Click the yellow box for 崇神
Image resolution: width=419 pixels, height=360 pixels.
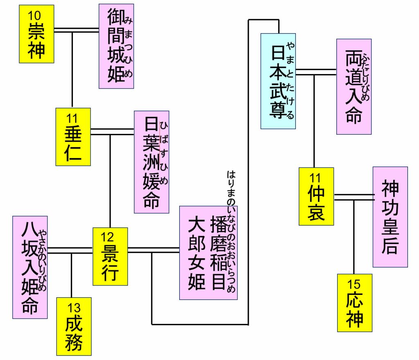pyautogui.click(x=36, y=34)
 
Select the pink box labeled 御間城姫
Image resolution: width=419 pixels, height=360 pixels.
pyautogui.click(x=116, y=46)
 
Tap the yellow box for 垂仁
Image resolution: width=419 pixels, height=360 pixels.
pyautogui.click(x=73, y=137)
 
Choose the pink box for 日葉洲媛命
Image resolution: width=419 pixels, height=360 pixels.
pyautogui.click(x=151, y=162)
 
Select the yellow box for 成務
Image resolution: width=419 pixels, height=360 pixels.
pyautogui.click(x=74, y=326)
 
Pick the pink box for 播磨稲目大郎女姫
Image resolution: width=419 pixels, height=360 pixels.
pyautogui.click(x=208, y=253)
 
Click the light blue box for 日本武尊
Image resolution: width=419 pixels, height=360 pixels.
pyautogui.click(x=278, y=81)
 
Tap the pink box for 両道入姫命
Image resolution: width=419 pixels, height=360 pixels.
pyautogui.click(x=354, y=87)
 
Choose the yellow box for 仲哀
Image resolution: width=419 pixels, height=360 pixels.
pyautogui.click(x=316, y=197)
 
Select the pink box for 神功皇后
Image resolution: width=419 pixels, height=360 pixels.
pyautogui.click(x=390, y=217)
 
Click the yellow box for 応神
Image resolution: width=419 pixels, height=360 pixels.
pyautogui.click(x=355, y=303)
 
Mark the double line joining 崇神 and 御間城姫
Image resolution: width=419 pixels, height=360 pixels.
pyautogui.click(x=77, y=30)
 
